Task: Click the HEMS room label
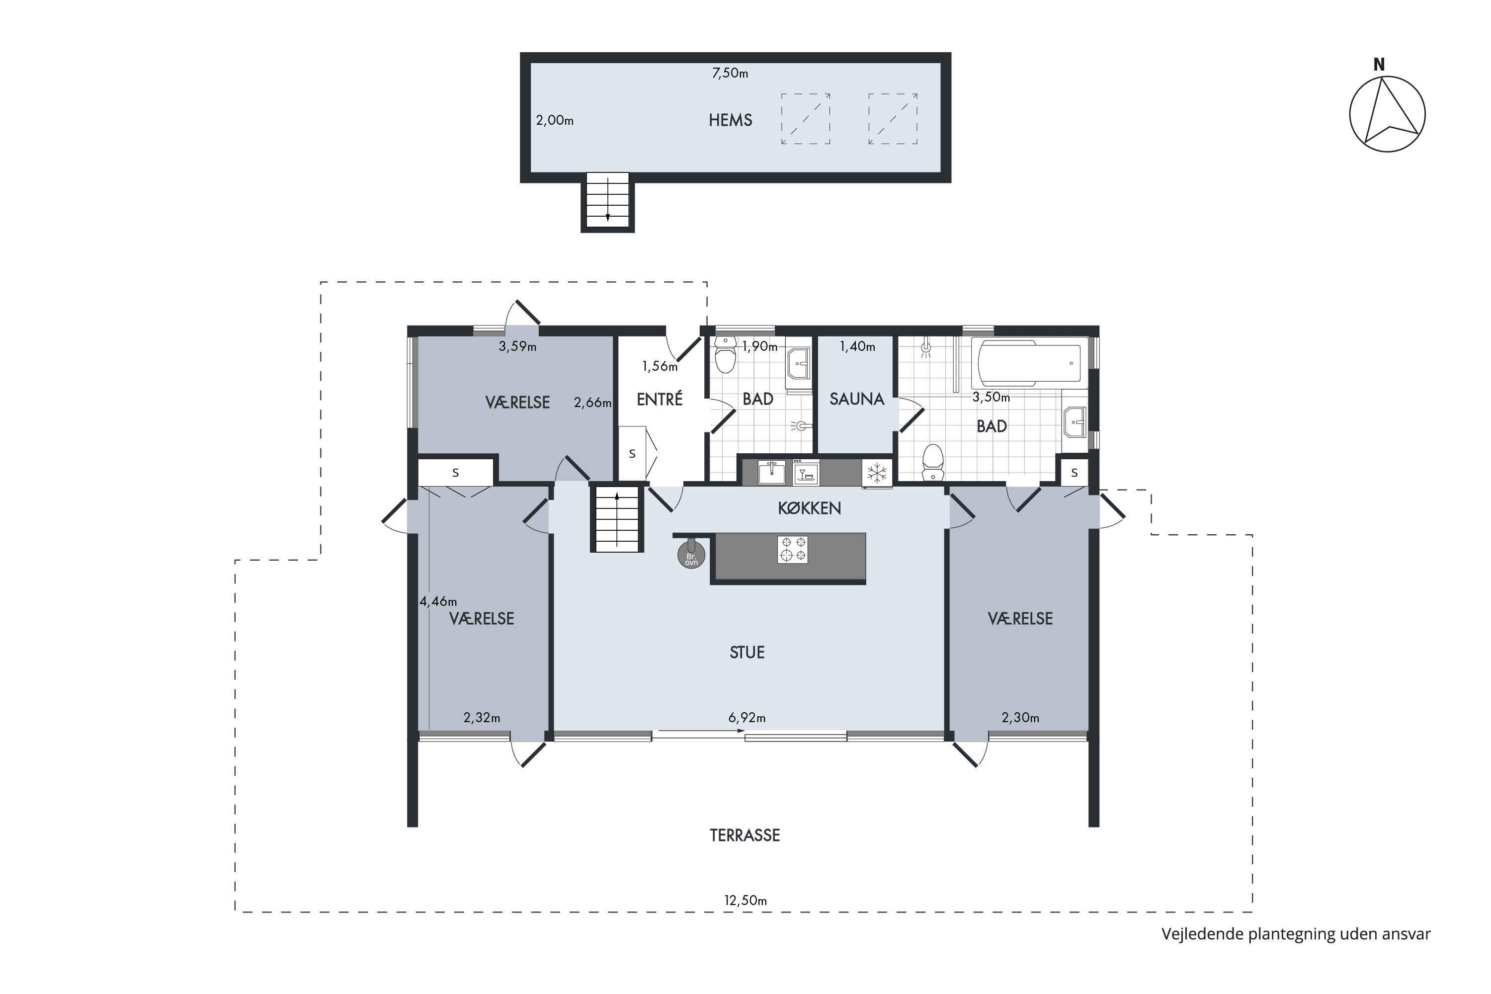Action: coord(730,120)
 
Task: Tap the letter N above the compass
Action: coord(1379,65)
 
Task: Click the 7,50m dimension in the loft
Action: coord(730,73)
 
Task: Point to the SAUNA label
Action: coord(856,399)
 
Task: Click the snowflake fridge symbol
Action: coord(877,472)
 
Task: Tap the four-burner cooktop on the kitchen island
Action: coord(792,549)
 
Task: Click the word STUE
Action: coord(747,652)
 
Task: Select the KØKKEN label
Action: coord(810,508)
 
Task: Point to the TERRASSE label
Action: coord(745,835)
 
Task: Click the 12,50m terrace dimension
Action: coord(745,900)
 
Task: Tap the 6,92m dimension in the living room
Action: coord(747,718)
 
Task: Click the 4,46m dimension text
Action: coord(438,601)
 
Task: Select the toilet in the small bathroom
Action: coord(725,355)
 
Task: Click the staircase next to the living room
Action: coord(617,518)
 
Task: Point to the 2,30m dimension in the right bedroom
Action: coord(1020,718)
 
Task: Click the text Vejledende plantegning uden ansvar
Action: coord(1296,934)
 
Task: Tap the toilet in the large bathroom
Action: coord(932,463)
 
